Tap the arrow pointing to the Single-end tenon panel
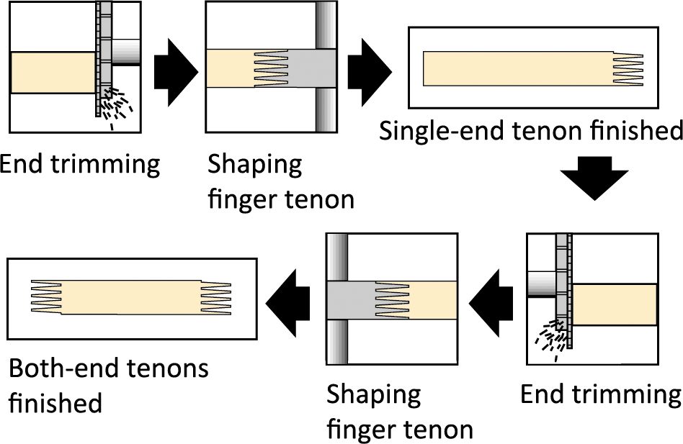tap(369, 70)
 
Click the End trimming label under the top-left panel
tap(79, 165)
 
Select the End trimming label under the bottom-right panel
tap(600, 395)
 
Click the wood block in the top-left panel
tap(53, 73)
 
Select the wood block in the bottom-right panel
tap(614, 304)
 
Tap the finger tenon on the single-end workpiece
tap(628, 69)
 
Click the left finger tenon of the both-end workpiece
tap(46, 298)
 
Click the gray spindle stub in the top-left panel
tap(128, 52)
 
